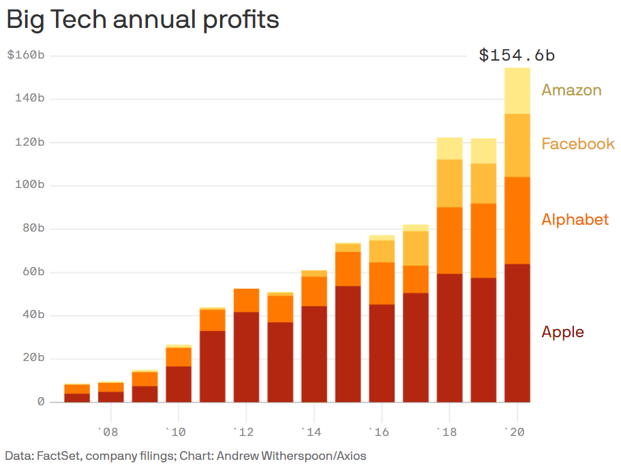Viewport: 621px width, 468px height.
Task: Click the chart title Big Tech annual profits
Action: click(x=142, y=20)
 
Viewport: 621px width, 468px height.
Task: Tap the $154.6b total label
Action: click(x=517, y=55)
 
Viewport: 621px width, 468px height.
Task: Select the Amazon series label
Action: click(x=571, y=90)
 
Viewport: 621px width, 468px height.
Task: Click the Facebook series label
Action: click(x=577, y=144)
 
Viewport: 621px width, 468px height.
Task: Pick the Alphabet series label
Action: click(x=575, y=219)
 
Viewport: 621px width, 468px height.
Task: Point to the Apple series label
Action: click(x=562, y=332)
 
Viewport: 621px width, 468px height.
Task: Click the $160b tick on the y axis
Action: click(x=26, y=55)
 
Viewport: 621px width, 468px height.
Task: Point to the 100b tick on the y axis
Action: click(x=29, y=185)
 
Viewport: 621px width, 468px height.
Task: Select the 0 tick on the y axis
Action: click(x=40, y=402)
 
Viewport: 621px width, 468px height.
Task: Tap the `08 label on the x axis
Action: click(x=108, y=431)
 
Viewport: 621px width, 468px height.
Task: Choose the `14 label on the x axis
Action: click(x=312, y=431)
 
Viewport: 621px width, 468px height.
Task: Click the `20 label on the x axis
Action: click(x=516, y=431)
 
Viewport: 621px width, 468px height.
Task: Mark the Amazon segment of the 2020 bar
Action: click(x=517, y=91)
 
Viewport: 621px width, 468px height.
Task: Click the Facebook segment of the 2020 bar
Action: click(x=517, y=145)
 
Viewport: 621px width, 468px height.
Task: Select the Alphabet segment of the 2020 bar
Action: click(x=517, y=220)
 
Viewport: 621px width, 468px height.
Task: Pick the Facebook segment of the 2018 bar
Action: click(x=449, y=183)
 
